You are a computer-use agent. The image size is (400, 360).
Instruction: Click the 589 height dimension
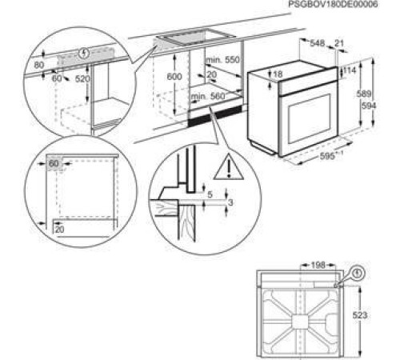[362, 94]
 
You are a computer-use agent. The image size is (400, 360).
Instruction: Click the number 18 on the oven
[278, 74]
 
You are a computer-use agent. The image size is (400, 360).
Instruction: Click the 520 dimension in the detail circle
[83, 79]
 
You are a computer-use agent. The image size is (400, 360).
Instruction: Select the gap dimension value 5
[210, 194]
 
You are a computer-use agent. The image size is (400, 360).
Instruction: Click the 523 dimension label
[361, 316]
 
